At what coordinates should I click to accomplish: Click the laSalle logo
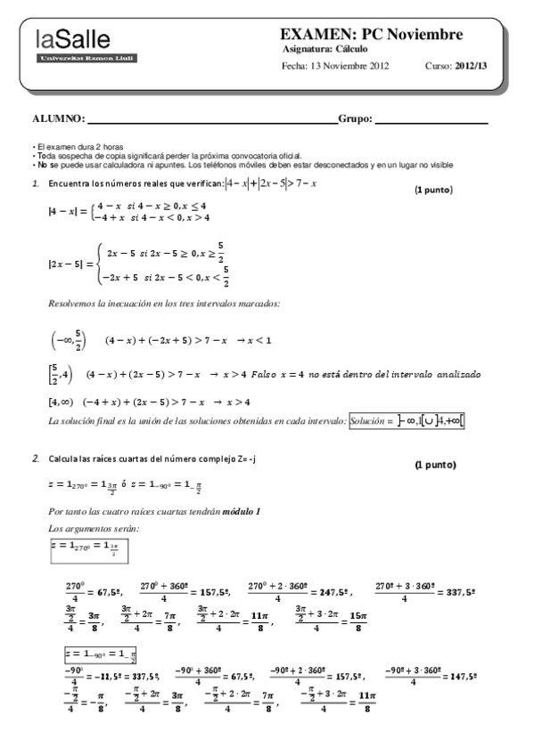(x=74, y=45)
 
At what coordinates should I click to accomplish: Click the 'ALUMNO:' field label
(x=59, y=118)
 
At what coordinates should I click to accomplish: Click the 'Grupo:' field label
(x=356, y=118)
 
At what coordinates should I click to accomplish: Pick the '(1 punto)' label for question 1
(x=434, y=190)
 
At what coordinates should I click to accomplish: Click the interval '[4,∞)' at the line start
(x=63, y=402)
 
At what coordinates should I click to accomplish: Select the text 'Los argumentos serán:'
(x=87, y=529)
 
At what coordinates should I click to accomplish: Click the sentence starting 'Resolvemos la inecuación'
(x=165, y=304)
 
